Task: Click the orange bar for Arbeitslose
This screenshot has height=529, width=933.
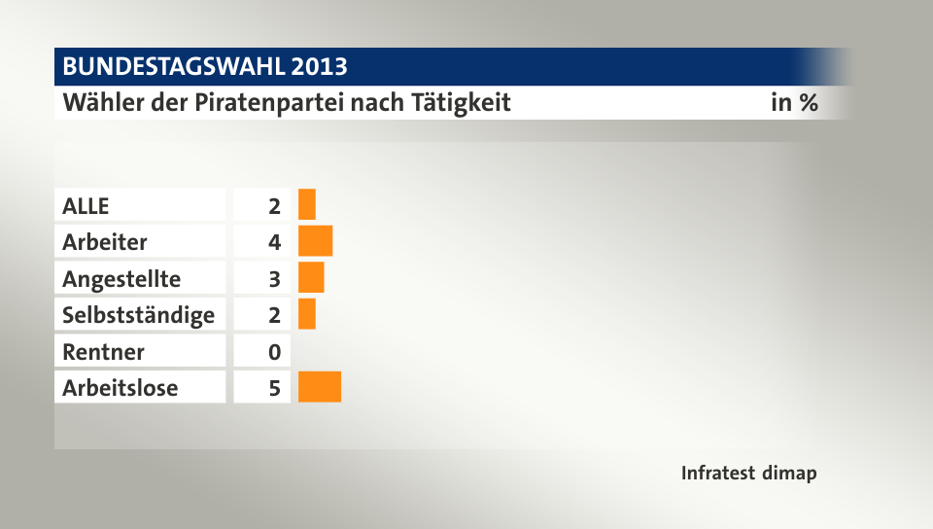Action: coord(320,387)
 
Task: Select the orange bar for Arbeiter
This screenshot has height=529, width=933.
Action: coord(316,241)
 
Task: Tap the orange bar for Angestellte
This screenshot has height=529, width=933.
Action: coord(311,278)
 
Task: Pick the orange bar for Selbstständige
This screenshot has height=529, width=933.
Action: coord(307,314)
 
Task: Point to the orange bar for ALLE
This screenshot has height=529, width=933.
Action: coord(307,205)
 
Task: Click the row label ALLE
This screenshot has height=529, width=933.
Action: coord(86,205)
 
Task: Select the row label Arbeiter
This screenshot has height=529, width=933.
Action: coord(105,241)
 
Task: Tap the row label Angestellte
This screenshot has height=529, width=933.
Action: coord(121,278)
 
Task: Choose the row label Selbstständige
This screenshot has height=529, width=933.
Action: coord(138,314)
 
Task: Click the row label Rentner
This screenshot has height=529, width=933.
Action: coord(103,351)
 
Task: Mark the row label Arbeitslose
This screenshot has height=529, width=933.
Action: coord(121,387)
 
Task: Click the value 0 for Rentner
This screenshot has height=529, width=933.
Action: coord(275,351)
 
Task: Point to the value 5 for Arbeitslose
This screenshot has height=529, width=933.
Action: coord(275,387)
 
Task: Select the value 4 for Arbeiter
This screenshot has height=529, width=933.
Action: coord(275,241)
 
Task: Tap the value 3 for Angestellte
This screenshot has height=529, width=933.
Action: coord(275,278)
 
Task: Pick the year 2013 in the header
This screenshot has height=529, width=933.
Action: coord(319,66)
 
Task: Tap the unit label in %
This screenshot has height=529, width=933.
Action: coord(794,102)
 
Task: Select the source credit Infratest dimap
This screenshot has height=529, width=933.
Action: coord(748,474)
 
